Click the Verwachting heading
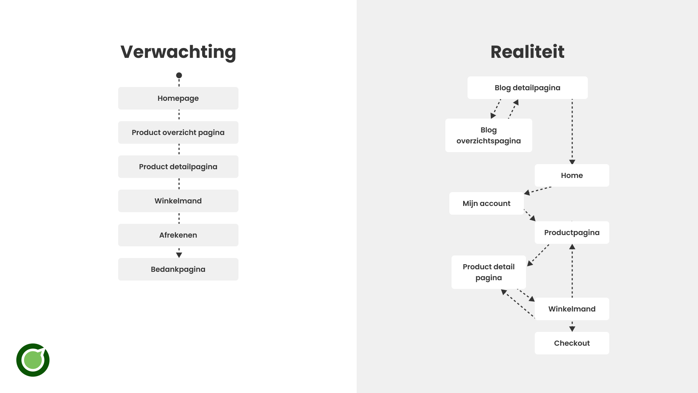pos(178,52)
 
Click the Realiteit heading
pos(527,52)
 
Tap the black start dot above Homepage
pos(179,75)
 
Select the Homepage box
pos(178,98)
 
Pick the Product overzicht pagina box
pos(178,132)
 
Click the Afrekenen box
pos(178,235)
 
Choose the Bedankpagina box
pos(178,269)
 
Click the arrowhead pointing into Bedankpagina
pos(179,255)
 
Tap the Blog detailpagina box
pos(527,88)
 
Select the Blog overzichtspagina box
pos(488,135)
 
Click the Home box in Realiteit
pos(571,175)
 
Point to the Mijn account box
pos(486,203)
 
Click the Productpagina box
pos(571,233)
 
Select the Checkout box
pos(571,343)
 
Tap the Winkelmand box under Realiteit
pos(571,309)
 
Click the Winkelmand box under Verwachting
pos(178,201)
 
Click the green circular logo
pos(33,360)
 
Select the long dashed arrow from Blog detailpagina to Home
pos(572,131)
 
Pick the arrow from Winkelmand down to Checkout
pos(572,326)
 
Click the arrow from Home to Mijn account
pos(538,190)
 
